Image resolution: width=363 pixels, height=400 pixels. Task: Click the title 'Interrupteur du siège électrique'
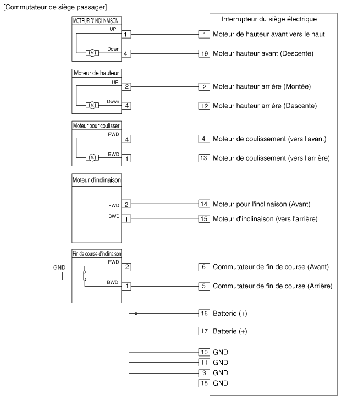(268, 19)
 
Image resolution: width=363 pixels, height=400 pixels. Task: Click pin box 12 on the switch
(204, 105)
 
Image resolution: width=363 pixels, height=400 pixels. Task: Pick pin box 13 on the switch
(204, 158)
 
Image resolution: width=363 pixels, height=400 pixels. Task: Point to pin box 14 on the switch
(204, 204)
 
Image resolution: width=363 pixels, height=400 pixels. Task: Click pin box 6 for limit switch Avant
(204, 267)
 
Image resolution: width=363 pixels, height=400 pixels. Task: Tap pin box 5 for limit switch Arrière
(204, 286)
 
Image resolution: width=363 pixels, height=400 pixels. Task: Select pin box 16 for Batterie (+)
(204, 313)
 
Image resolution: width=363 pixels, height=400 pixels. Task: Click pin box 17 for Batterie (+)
(204, 332)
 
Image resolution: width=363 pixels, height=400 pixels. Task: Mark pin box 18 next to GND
(204, 383)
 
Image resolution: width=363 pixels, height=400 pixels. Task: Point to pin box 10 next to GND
(204, 352)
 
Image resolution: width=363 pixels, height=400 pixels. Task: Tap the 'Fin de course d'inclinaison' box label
(97, 254)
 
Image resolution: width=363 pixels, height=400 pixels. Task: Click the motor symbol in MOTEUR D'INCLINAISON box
(92, 53)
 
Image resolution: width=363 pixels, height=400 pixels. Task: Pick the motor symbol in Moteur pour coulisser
(92, 158)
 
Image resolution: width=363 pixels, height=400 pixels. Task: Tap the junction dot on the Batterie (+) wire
(136, 313)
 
